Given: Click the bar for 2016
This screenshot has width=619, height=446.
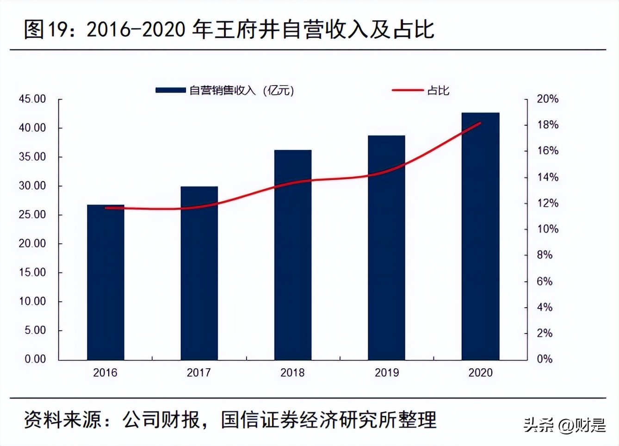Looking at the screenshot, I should click(x=105, y=282).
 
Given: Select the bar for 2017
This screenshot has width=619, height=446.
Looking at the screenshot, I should click(x=199, y=273).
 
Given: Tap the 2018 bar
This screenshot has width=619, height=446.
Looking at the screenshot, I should click(x=293, y=254).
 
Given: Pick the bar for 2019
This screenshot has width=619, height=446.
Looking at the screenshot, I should click(x=386, y=248).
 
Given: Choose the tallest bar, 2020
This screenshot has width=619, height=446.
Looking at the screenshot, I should click(x=480, y=236).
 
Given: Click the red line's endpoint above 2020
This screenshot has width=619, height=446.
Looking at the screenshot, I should click(x=480, y=123).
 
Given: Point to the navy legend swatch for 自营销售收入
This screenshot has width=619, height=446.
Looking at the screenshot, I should click(x=170, y=90).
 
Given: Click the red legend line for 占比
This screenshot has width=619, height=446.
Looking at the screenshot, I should click(x=407, y=90).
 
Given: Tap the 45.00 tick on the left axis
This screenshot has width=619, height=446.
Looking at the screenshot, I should click(x=32, y=99).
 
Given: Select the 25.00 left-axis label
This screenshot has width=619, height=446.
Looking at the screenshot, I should click(x=32, y=215).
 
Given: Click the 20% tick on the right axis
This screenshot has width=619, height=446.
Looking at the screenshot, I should click(x=548, y=99).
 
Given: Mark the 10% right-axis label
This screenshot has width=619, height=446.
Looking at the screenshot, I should click(x=548, y=229).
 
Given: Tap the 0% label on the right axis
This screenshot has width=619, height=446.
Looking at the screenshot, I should click(x=545, y=359).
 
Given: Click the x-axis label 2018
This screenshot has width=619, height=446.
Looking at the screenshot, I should click(x=292, y=372).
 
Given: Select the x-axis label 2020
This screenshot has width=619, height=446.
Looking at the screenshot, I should click(x=480, y=372).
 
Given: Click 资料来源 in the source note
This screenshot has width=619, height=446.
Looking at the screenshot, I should click(x=63, y=420).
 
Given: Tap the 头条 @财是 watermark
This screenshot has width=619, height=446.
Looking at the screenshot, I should click(x=564, y=425).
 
